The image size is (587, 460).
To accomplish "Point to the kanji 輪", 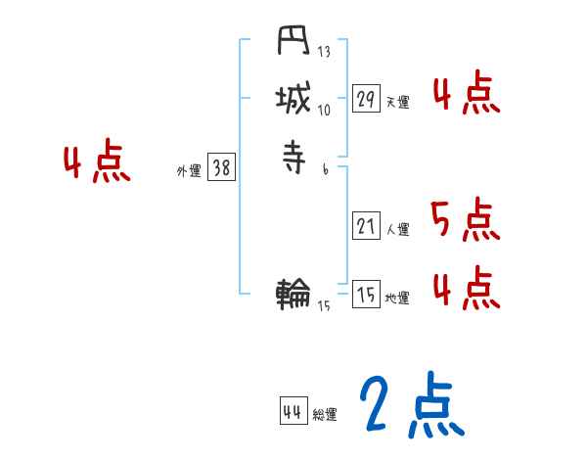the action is coord(293,292).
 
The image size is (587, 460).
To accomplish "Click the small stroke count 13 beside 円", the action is coord(324,52).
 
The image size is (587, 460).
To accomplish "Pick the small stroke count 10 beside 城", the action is coord(324,110).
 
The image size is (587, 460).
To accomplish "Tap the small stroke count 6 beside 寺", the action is coord(325,168).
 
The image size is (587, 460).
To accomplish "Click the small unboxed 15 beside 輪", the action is coord(324,306).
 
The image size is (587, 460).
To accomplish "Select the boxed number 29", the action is coord(366,99).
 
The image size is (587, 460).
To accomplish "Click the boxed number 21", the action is coord(366,227).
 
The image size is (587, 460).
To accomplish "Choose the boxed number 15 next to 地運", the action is coord(366,295).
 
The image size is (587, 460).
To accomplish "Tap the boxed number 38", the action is coord(221,168).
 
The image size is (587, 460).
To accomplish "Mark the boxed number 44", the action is coord(293,411).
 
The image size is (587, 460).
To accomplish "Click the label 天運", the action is coord(397,102).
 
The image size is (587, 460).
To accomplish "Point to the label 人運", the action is coord(397,230).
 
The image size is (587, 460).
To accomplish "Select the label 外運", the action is coord(189,171).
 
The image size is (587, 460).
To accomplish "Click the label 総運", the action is coord(325,415).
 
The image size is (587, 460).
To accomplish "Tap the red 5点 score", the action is coord(464,219).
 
